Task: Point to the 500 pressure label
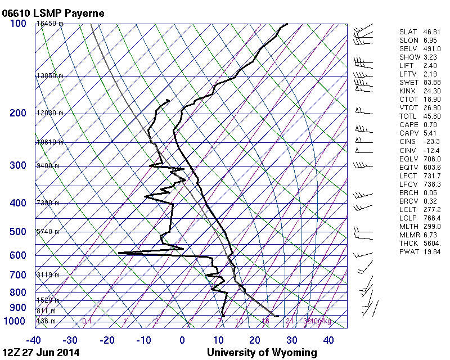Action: (x=18, y=232)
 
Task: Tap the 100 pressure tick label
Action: (x=18, y=24)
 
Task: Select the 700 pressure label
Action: (x=18, y=275)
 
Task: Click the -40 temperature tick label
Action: (x=34, y=340)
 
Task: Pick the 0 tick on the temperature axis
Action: (x=182, y=340)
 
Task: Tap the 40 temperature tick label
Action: (x=328, y=340)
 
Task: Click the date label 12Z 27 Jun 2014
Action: (x=40, y=353)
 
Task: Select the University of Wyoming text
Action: (x=262, y=353)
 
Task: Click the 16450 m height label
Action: (x=49, y=24)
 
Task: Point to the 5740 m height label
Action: (x=48, y=232)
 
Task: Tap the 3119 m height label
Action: (x=48, y=275)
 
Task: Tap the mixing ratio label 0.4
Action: (x=87, y=321)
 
